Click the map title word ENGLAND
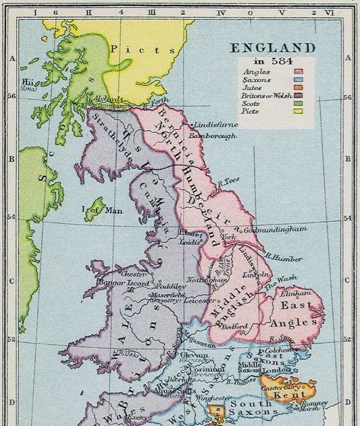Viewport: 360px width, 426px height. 273,48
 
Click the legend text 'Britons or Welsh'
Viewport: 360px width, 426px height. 267,96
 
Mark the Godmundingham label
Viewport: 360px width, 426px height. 274,229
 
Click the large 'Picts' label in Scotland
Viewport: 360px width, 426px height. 132,49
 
